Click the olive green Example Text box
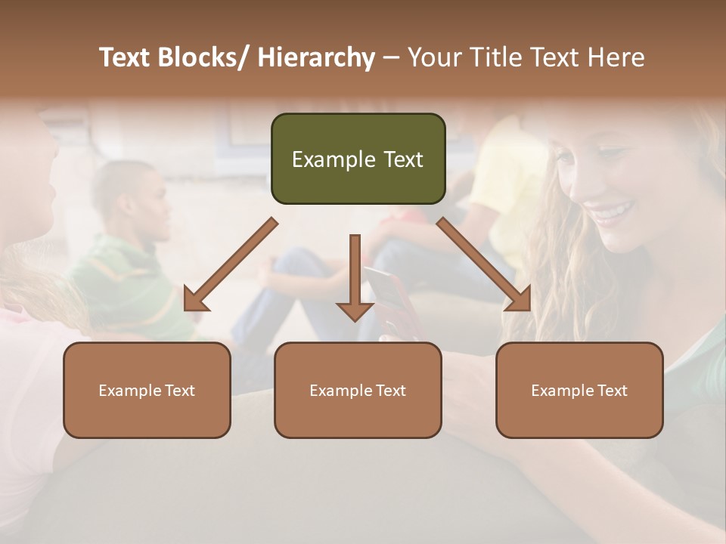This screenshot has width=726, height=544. (x=358, y=159)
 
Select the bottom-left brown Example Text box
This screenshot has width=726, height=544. (x=147, y=390)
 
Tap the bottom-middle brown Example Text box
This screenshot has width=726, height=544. (x=358, y=390)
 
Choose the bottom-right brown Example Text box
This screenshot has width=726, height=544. (x=579, y=390)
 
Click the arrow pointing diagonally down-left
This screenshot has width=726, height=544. (x=231, y=264)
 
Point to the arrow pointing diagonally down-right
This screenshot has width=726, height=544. (x=484, y=264)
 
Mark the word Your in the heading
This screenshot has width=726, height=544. (x=434, y=58)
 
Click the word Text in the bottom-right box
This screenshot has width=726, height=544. (x=611, y=391)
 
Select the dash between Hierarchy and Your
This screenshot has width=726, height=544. (x=391, y=58)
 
